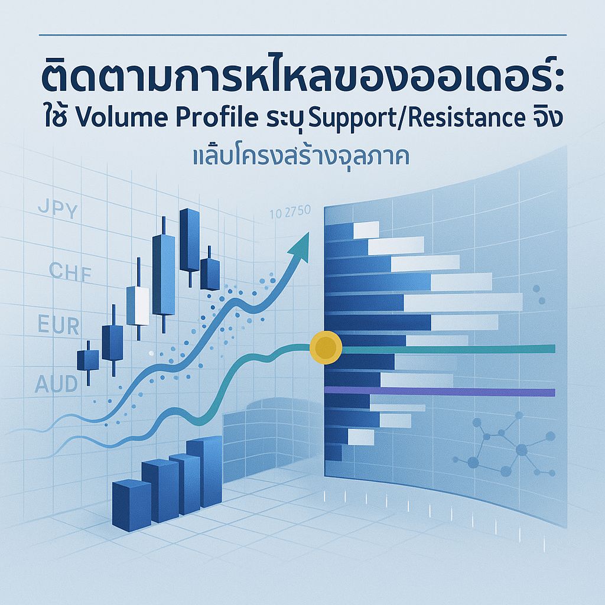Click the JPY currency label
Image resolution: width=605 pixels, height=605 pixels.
coord(57,210)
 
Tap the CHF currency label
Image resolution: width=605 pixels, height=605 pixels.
coord(70,271)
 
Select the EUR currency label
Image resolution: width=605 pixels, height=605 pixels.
coord(58,326)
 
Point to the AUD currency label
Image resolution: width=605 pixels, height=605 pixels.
coord(56,385)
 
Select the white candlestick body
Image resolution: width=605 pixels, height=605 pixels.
coord(138,305)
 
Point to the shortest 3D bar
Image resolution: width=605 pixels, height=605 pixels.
coord(131,502)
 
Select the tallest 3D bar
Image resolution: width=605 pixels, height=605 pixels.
coord(204,471)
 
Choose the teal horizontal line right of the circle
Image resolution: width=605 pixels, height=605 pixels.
coord(449,349)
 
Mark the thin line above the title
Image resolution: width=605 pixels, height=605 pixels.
coord(302,35)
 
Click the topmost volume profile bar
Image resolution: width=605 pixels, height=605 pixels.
coord(352,230)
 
